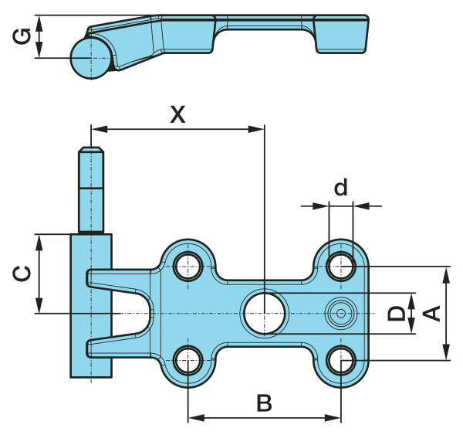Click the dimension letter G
[x=23, y=37]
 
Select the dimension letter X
[x=178, y=115]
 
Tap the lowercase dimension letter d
[x=340, y=187]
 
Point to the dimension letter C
[x=23, y=274]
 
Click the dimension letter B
[x=264, y=403]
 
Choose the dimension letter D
[x=395, y=313]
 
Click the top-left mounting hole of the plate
[x=188, y=266]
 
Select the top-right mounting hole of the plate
[x=340, y=266]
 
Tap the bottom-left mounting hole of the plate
[x=188, y=359]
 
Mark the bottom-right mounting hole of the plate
[x=340, y=359]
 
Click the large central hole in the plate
[x=265, y=313]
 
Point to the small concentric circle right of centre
[x=340, y=312]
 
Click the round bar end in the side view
[x=90, y=58]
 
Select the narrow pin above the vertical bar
[x=91, y=189]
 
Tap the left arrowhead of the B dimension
[x=194, y=418]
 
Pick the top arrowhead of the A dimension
[x=446, y=273]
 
